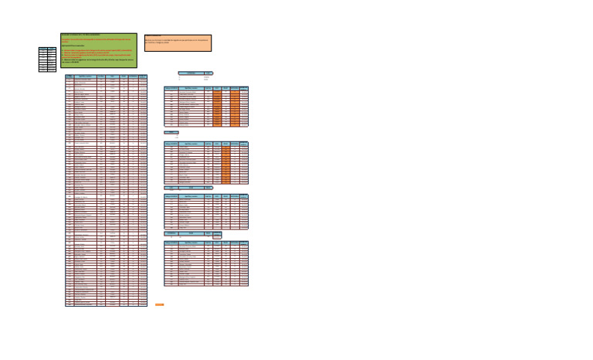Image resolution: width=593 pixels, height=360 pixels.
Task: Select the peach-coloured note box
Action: tap(177, 42)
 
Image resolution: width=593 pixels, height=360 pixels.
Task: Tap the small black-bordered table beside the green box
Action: tap(48, 59)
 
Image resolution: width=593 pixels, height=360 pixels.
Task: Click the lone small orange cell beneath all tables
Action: tap(159, 304)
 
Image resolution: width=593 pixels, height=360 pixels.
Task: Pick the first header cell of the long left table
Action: tap(69, 76)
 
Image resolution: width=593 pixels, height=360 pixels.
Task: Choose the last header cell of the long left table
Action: tap(142, 76)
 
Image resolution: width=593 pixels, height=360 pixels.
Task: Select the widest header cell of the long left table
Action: tap(85, 76)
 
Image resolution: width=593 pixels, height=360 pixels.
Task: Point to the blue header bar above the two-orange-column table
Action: tap(195, 73)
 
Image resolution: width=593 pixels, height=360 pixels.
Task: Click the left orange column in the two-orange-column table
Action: tap(216, 107)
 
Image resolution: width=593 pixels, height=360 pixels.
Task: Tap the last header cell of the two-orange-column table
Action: tap(244, 89)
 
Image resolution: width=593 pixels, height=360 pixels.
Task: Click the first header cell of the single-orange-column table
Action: tap(171, 144)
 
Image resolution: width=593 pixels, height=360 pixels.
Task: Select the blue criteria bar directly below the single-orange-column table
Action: tap(188, 187)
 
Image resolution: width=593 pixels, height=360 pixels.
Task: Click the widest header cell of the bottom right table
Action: tap(190, 243)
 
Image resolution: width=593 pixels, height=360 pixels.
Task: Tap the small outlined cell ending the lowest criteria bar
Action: tap(217, 236)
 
